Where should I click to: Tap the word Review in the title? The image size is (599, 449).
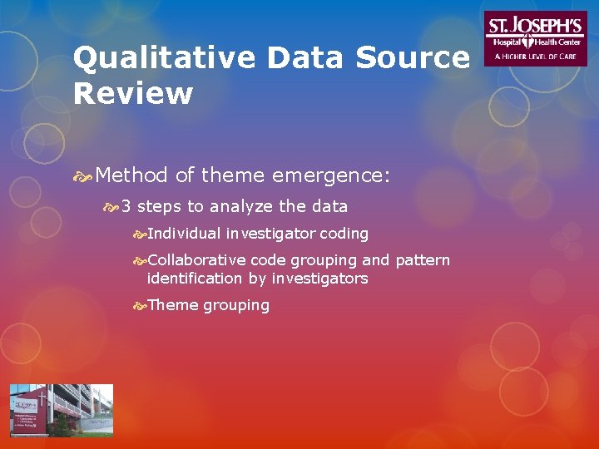132,94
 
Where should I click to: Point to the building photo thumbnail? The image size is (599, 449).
61,410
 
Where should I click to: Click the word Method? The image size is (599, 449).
131,175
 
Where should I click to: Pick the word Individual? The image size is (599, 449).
184,234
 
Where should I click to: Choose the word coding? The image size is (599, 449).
344,234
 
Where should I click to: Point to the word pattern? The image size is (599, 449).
422,260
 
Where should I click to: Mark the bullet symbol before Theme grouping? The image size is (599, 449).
140,306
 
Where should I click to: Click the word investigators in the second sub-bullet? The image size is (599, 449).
319,279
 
